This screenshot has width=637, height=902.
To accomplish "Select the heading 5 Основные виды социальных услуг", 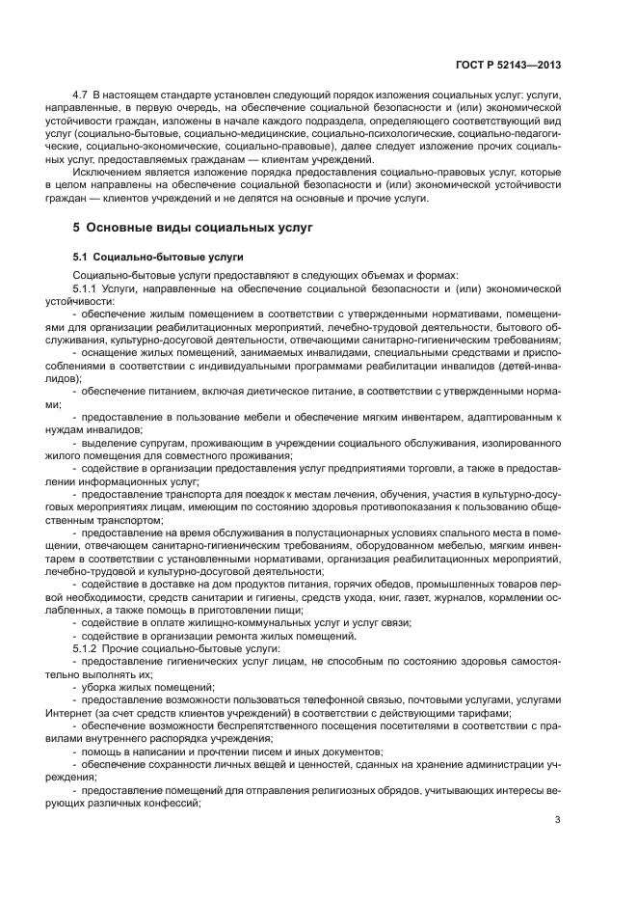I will (189, 229).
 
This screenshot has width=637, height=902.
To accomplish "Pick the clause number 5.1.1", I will (88, 287).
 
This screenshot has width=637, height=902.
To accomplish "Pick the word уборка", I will (101, 686).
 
